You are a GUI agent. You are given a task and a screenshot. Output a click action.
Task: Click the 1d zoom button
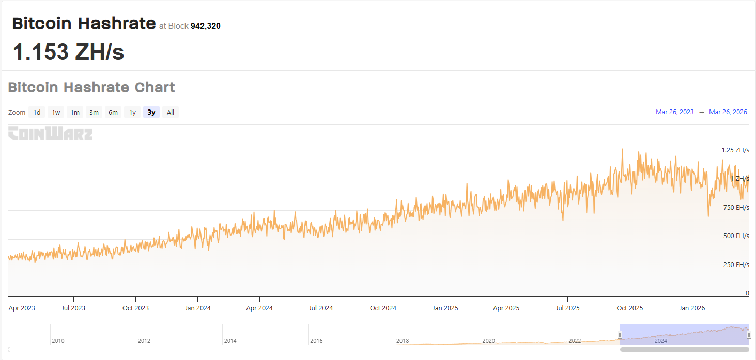(37, 113)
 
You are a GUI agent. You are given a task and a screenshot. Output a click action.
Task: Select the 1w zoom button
(56, 113)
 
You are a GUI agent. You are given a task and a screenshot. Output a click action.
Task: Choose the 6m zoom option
(113, 113)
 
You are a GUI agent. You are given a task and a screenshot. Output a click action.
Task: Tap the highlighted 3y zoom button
(151, 113)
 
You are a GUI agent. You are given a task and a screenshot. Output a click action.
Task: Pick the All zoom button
(171, 113)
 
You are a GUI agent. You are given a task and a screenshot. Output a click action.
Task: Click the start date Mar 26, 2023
(674, 112)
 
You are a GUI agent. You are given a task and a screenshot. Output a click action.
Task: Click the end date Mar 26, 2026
(728, 112)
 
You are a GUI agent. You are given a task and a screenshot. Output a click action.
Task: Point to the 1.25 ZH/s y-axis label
(735, 150)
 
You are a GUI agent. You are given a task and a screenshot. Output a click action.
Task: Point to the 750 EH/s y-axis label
(736, 208)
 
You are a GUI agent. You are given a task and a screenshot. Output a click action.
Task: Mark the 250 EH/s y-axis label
(736, 265)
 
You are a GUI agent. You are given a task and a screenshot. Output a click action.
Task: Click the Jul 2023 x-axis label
(73, 308)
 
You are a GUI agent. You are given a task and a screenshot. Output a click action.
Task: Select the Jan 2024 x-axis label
(197, 308)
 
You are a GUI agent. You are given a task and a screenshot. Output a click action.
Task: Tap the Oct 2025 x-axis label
(629, 308)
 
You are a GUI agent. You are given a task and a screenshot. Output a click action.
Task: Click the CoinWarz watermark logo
(51, 134)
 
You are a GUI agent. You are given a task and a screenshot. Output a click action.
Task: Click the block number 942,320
(205, 26)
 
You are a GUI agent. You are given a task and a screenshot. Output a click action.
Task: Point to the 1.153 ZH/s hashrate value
(68, 52)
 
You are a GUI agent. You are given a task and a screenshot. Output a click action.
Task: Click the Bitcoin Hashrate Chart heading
(91, 87)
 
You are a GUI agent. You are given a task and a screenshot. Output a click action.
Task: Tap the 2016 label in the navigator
(316, 341)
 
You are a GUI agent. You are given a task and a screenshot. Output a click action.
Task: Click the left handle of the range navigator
(620, 335)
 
